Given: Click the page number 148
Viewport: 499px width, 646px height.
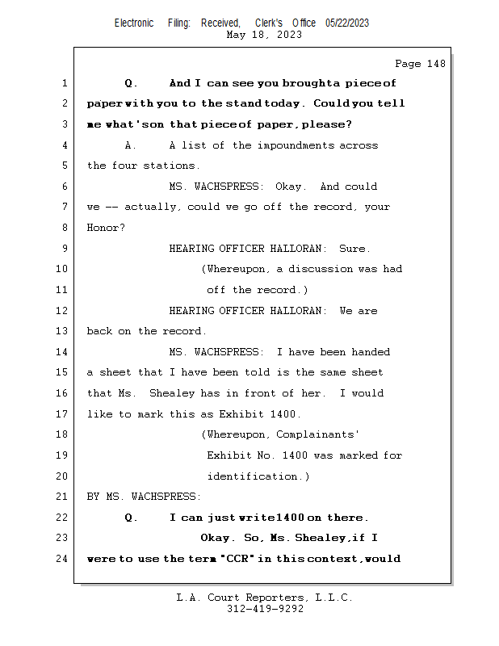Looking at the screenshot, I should [x=432, y=64].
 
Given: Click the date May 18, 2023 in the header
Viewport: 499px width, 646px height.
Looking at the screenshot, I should [x=265, y=35].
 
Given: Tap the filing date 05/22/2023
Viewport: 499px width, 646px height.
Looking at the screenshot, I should [x=347, y=23].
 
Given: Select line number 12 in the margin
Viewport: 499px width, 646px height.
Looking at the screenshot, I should [x=64, y=311].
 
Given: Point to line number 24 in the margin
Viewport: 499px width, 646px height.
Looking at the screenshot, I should [x=64, y=559].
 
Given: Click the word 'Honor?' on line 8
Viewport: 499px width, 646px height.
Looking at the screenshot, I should [x=106, y=228].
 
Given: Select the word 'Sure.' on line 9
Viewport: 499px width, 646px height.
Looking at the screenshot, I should [x=355, y=249].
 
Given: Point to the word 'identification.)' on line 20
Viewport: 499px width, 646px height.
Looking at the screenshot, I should [x=258, y=476].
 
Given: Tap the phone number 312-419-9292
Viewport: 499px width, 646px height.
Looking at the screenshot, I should [x=265, y=609].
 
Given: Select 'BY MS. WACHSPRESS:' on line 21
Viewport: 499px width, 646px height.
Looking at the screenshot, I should [x=145, y=497].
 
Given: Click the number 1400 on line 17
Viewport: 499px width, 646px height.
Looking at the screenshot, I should [x=284, y=414].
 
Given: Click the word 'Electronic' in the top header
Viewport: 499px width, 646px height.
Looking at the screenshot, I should [x=134, y=23].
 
